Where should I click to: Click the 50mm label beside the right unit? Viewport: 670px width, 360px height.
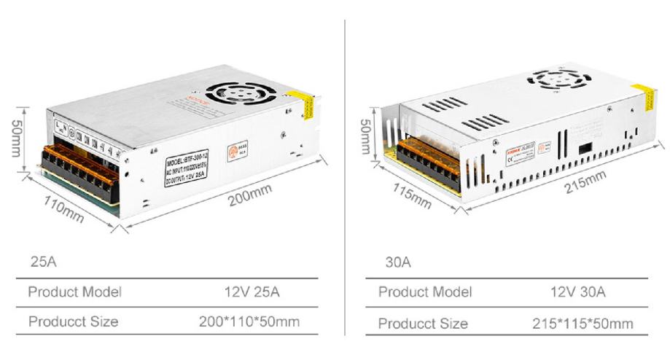pyautogui.click(x=367, y=136)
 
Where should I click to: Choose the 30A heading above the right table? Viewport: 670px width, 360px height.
pyautogui.click(x=398, y=262)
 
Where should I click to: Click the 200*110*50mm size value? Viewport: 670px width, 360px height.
pyautogui.click(x=249, y=321)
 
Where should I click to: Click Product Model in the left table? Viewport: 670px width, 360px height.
pyautogui.click(x=74, y=292)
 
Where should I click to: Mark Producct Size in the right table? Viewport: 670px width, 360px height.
pyautogui.click(x=423, y=323)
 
